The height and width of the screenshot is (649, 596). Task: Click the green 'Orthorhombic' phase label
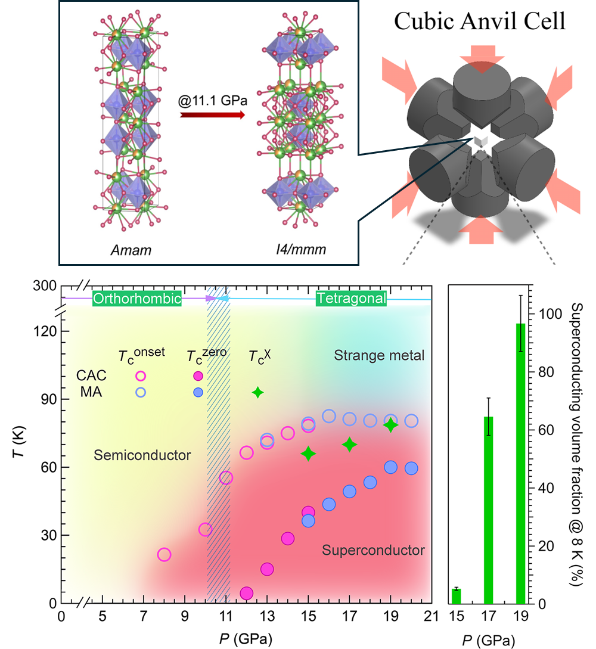pos(136,299)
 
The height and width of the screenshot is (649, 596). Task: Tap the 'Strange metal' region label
pos(379,356)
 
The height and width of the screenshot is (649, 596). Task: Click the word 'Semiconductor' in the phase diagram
pos(142,455)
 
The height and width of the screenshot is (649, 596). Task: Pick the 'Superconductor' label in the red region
pos(373,550)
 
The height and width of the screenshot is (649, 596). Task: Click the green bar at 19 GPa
pos(521,463)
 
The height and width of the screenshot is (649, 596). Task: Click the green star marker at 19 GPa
pos(390,426)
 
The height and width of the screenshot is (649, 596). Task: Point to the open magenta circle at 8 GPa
pos(164,555)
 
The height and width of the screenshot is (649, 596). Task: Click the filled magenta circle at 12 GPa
pos(247,593)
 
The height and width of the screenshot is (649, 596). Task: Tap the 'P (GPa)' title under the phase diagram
pos(245,634)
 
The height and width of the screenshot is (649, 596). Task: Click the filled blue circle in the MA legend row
pos(198,392)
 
